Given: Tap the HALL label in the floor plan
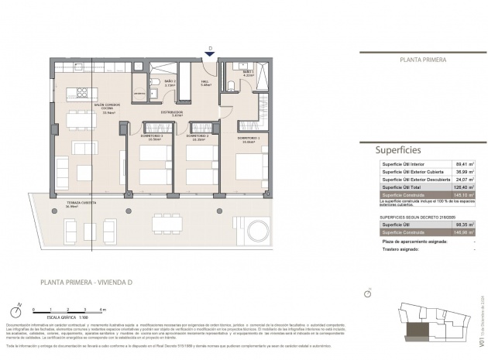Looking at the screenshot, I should click(x=205, y=83).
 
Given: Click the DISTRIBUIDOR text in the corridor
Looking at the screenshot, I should click(x=172, y=113).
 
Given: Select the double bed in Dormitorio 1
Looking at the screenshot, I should click(x=250, y=166).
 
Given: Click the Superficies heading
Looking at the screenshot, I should click(x=397, y=150).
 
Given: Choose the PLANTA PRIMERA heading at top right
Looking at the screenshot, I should click(x=422, y=59).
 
